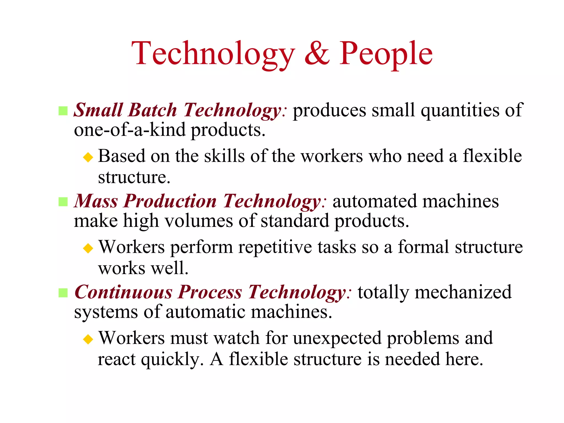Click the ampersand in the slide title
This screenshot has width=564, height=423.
click(317, 53)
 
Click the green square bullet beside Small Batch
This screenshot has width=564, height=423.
click(63, 111)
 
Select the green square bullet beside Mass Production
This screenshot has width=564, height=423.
click(63, 202)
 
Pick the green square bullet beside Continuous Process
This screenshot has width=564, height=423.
click(63, 293)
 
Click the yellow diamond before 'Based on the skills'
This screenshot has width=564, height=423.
click(88, 158)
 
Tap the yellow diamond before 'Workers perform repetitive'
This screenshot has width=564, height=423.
click(88, 248)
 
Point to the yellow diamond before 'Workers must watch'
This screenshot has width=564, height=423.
click(88, 339)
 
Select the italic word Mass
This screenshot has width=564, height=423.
click(96, 201)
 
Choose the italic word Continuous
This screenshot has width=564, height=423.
click(123, 292)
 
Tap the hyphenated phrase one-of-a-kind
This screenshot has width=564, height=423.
click(130, 130)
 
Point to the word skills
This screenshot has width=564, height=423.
click(224, 156)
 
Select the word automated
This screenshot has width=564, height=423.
click(375, 201)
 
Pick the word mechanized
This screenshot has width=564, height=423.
click(463, 292)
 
